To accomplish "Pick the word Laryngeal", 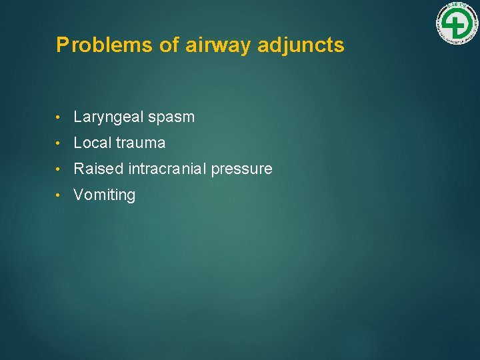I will (109, 117).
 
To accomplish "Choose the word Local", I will (93, 143).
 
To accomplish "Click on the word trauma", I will (141, 143).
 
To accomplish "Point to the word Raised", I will (98, 169).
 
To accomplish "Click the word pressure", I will (241, 169).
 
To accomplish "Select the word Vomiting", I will (105, 195).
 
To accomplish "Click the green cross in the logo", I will (457, 25).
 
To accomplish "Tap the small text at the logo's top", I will (457, 7).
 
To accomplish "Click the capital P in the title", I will (62, 45).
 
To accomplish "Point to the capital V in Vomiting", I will (78, 195).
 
